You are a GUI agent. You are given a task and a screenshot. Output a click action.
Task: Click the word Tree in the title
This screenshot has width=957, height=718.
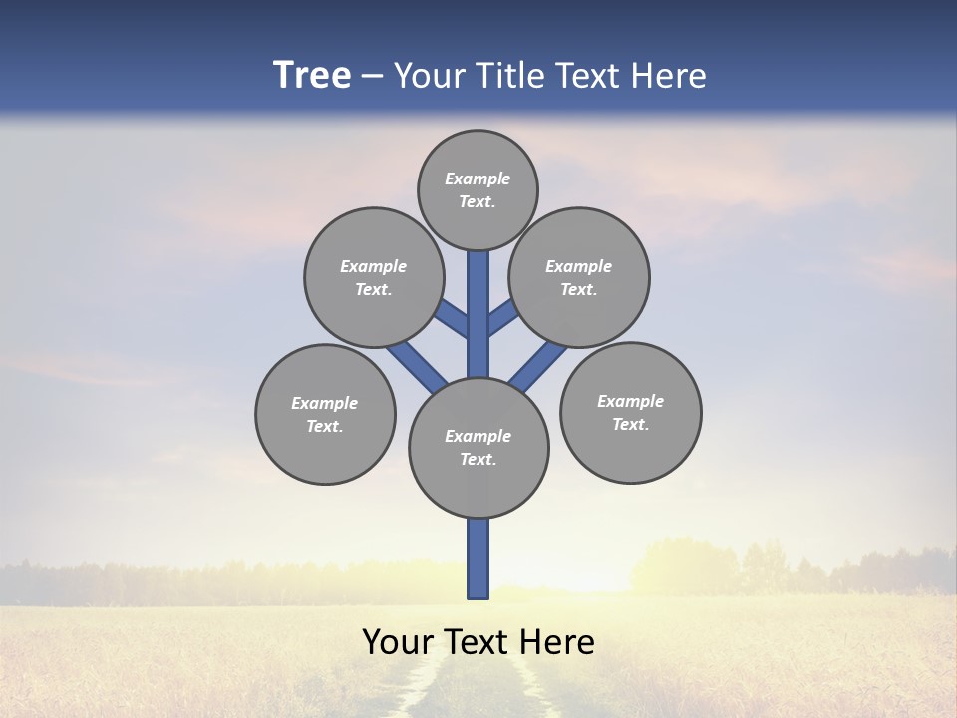(312, 76)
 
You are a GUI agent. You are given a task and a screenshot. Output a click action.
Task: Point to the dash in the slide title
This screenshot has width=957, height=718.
(372, 77)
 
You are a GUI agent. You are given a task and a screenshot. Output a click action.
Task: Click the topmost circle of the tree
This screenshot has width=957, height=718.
(478, 189)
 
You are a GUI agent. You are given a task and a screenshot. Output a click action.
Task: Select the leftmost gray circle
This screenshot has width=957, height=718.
(325, 414)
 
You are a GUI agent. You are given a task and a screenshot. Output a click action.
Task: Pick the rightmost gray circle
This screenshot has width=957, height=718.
(630, 412)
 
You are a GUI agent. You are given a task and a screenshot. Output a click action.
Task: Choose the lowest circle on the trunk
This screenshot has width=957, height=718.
(478, 447)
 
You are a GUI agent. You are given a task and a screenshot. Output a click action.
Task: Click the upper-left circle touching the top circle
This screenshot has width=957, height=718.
(374, 277)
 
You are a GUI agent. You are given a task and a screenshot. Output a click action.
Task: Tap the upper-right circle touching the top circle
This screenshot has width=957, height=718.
(579, 277)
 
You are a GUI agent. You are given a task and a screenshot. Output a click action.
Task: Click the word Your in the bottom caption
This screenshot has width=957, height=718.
(398, 642)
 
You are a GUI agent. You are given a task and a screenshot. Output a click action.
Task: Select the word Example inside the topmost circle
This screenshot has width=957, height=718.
(478, 179)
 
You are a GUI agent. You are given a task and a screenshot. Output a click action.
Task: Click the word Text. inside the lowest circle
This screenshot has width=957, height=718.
(478, 459)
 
